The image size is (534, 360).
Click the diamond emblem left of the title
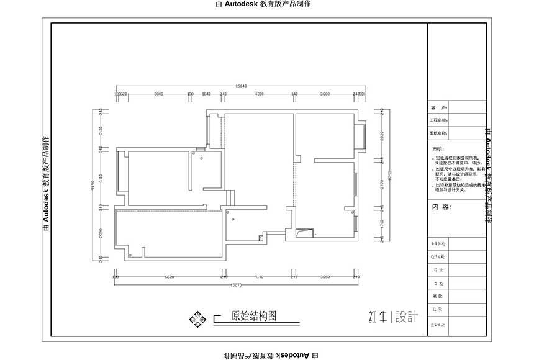click(x=199, y=318)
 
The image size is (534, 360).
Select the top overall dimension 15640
click(x=240, y=86)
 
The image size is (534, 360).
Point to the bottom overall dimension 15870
click(x=236, y=285)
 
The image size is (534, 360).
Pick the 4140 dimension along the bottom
click(x=258, y=277)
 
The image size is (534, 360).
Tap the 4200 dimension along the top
click(x=260, y=94)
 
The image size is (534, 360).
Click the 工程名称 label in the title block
click(x=438, y=120)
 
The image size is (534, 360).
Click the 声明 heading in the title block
click(x=438, y=150)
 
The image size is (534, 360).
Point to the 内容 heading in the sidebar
click(x=443, y=207)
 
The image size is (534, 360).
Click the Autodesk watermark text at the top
click(x=262, y=4)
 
